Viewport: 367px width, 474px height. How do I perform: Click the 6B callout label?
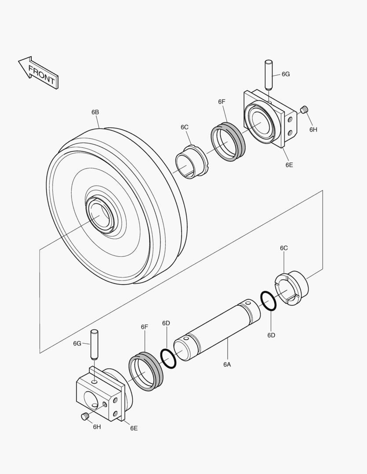click(x=95, y=112)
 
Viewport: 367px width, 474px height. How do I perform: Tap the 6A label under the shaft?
click(x=227, y=364)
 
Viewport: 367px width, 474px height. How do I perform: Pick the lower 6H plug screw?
click(x=85, y=417)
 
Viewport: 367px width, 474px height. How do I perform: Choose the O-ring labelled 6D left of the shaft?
click(x=168, y=359)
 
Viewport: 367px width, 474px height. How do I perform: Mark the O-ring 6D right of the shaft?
click(x=268, y=301)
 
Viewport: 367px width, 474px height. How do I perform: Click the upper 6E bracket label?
click(x=289, y=165)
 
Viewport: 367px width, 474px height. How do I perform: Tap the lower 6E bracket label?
click(x=134, y=428)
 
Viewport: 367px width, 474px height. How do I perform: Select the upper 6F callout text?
click(x=222, y=102)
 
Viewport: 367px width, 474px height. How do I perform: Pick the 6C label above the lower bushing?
click(x=284, y=248)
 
